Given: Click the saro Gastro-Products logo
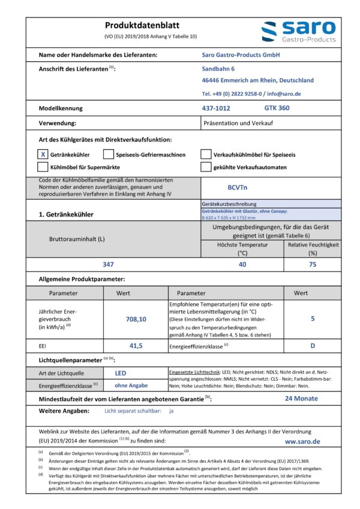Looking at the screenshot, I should [298, 32].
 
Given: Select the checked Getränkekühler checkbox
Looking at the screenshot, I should [43, 153].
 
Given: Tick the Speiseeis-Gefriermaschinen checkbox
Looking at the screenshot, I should [109, 153].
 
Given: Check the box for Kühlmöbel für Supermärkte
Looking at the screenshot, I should [43, 167].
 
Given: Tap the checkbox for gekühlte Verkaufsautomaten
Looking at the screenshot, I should [206, 167].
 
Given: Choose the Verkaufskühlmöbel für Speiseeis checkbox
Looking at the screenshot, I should [206, 153].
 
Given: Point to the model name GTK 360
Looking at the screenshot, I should [277, 108].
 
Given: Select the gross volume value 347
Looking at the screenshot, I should [108, 264].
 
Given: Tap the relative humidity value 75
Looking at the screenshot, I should [313, 264].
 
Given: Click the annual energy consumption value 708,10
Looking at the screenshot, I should [136, 320].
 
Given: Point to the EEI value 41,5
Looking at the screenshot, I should [136, 345].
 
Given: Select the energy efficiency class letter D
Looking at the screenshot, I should [313, 346].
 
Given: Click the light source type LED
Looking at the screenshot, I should [120, 373].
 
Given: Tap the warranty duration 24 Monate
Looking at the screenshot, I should [301, 398].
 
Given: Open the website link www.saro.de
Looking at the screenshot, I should [302, 441].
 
